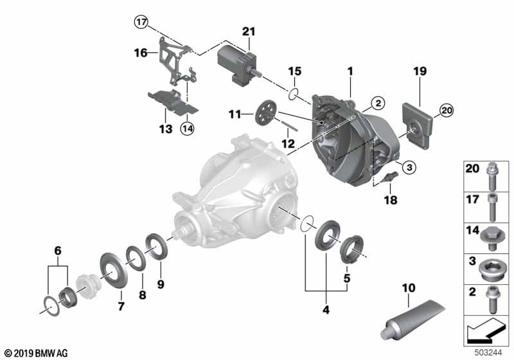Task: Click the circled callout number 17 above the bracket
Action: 141,22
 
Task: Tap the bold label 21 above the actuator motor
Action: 249,32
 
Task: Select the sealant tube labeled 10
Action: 412,320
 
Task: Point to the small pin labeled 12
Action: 290,125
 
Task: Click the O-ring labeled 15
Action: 294,94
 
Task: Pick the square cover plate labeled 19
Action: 417,126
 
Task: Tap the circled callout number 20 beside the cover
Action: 447,111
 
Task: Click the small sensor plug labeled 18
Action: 389,176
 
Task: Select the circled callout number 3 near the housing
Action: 409,167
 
